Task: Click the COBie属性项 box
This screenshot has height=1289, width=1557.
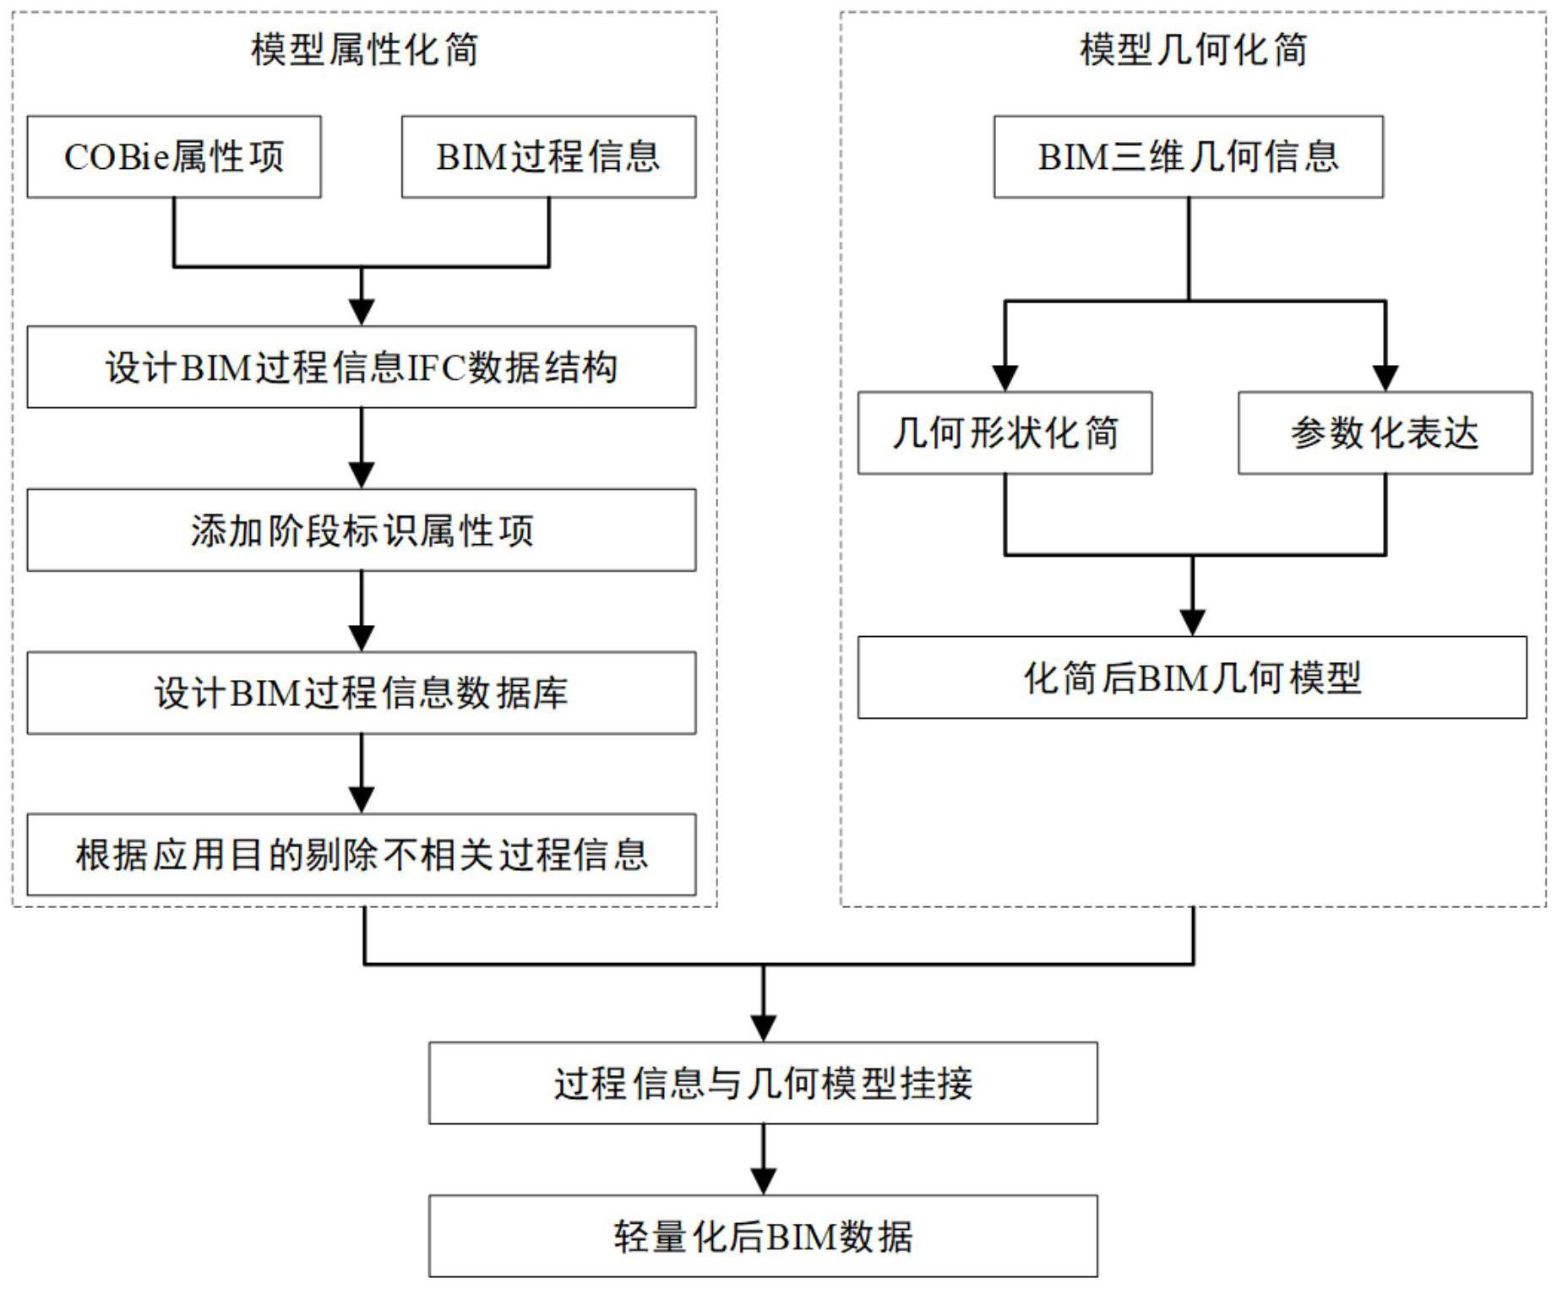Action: click(174, 157)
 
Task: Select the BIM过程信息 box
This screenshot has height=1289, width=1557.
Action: click(548, 157)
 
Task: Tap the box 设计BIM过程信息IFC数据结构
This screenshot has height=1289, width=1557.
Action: click(362, 367)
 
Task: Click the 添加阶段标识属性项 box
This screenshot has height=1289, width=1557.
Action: click(362, 530)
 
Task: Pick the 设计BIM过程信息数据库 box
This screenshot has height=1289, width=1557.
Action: click(362, 693)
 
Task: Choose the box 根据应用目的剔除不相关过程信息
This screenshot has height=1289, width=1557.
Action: click(362, 855)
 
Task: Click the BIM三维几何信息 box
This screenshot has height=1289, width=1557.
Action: click(1188, 157)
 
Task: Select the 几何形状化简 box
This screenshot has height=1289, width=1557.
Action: click(1004, 432)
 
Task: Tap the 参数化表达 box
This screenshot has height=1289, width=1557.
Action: click(1385, 432)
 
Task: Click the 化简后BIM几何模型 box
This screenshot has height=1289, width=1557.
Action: click(1192, 677)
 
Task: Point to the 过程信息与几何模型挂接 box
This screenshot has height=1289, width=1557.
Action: click(763, 1083)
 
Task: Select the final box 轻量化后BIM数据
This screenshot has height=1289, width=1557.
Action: click(763, 1236)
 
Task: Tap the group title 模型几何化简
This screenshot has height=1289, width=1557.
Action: click(1193, 49)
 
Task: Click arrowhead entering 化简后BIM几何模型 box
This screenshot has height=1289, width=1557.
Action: click(1192, 622)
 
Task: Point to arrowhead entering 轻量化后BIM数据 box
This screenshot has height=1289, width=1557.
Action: click(763, 1180)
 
